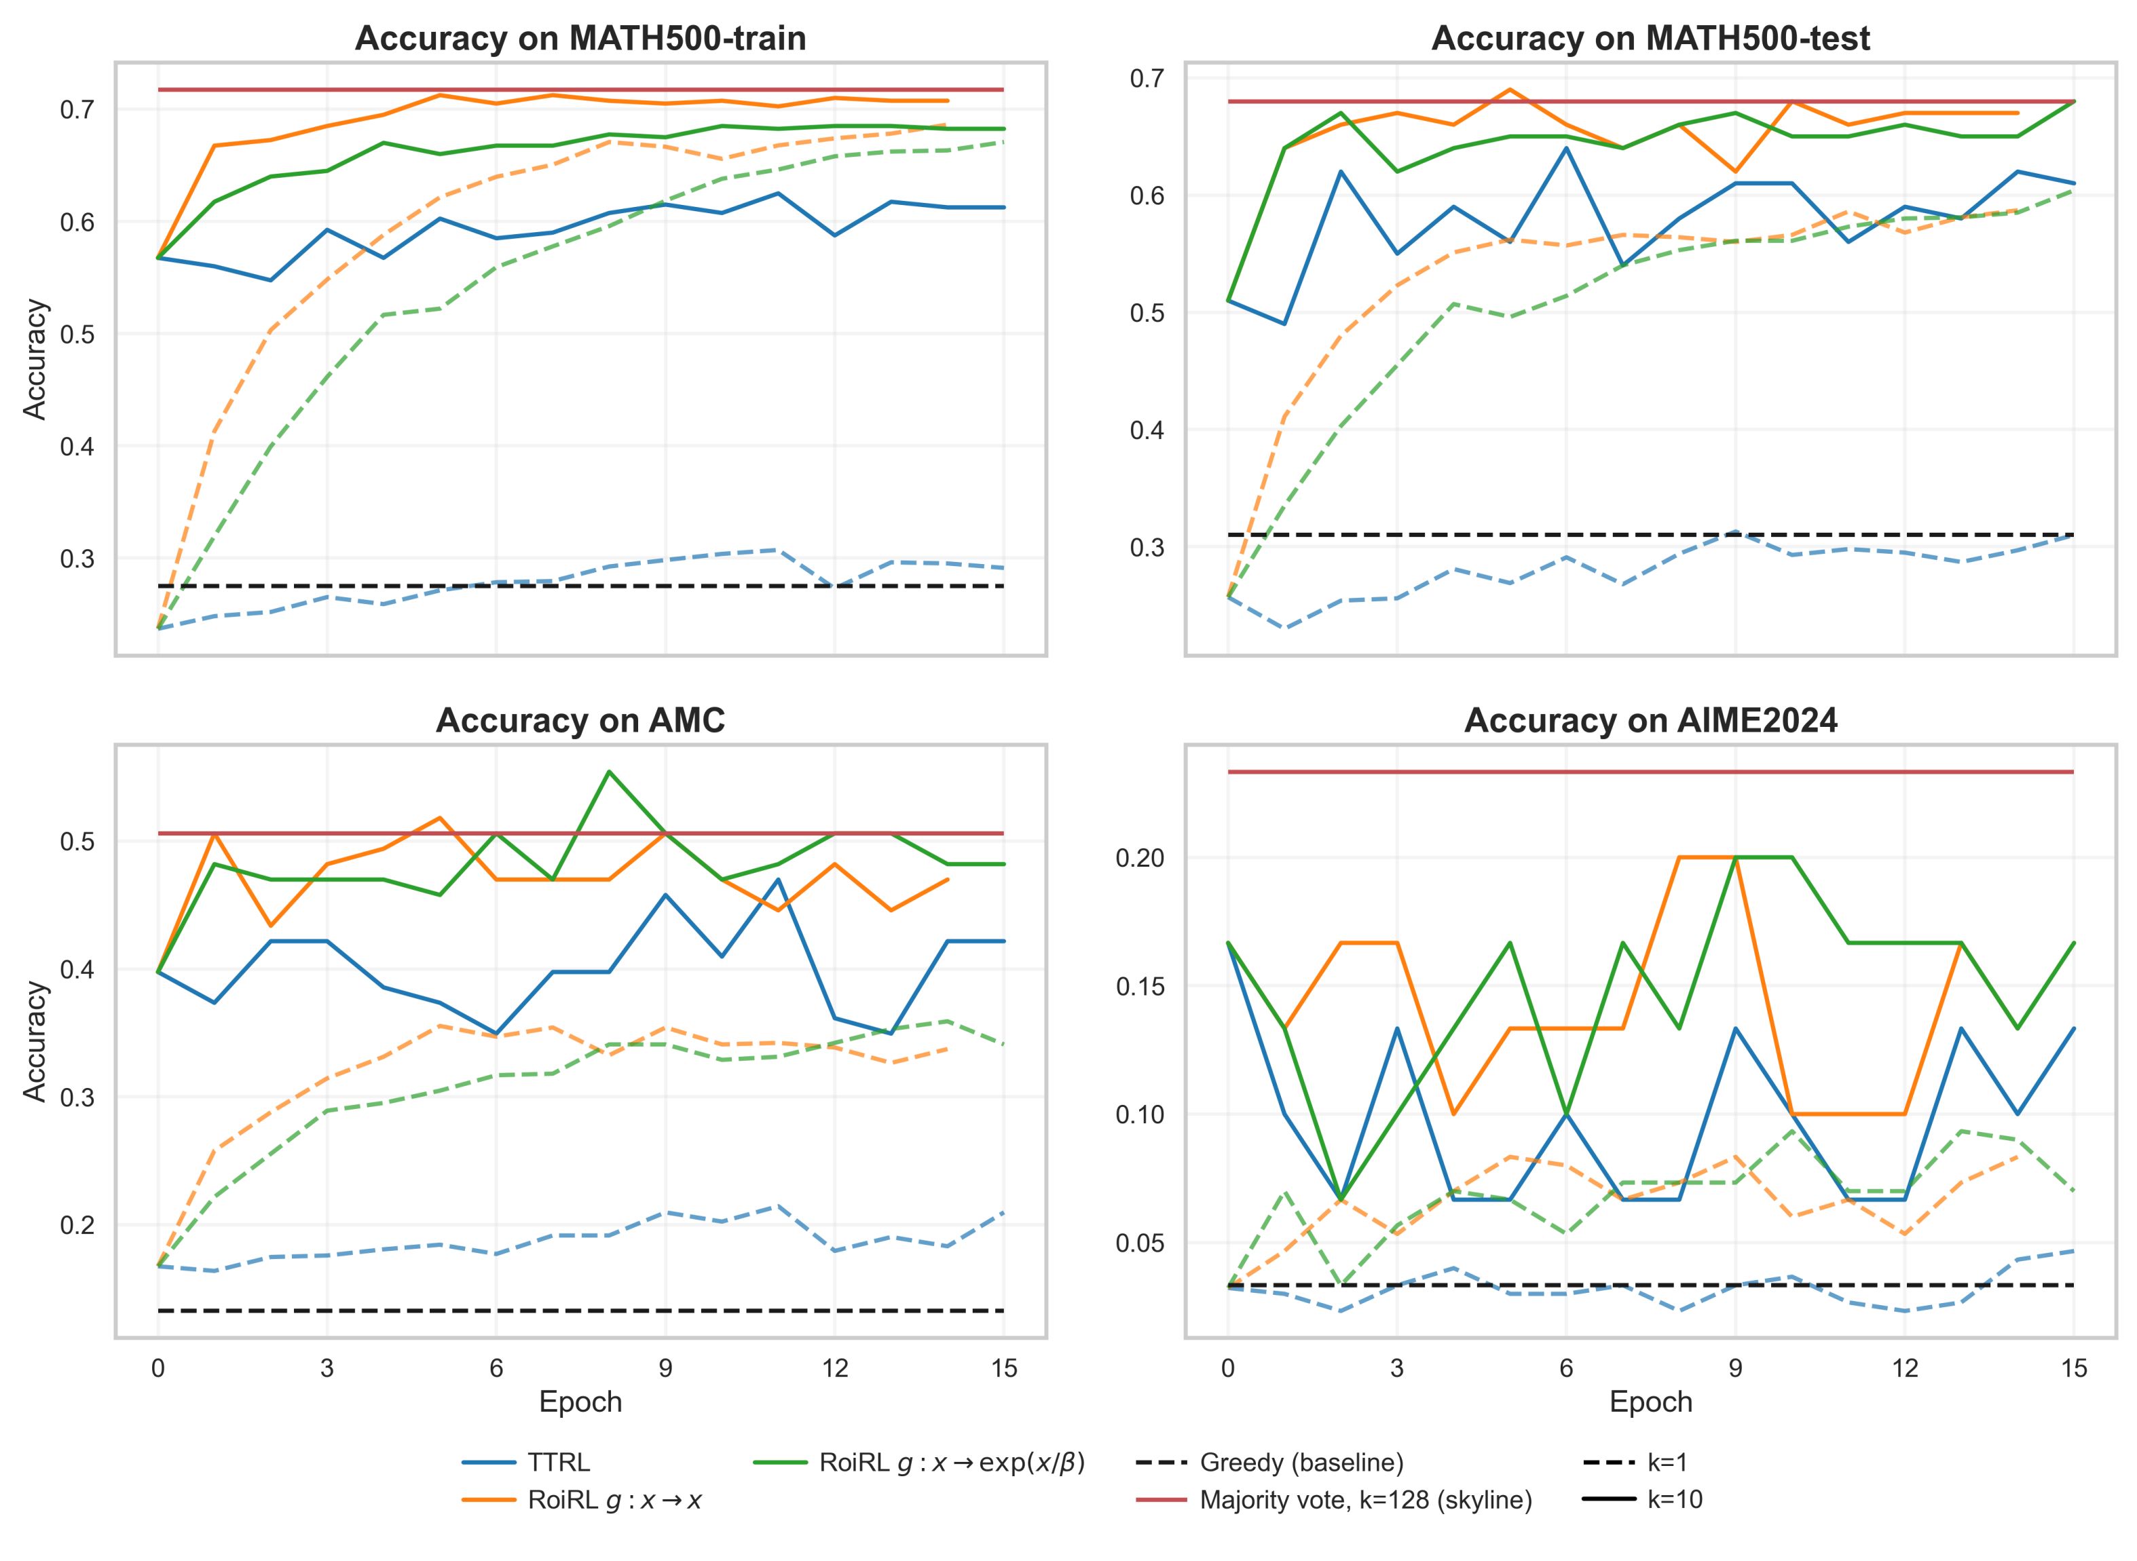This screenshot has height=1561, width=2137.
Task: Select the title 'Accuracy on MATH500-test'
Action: pyautogui.click(x=1650, y=39)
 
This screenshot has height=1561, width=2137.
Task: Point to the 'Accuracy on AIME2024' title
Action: pyautogui.click(x=1650, y=721)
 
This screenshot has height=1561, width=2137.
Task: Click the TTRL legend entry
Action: pyautogui.click(x=557, y=1463)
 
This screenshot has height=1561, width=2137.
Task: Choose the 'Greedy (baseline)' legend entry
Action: pyautogui.click(x=1301, y=1463)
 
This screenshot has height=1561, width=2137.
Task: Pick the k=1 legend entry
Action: pyautogui.click(x=1667, y=1463)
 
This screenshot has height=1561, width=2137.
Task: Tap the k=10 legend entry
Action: pyautogui.click(x=1675, y=1500)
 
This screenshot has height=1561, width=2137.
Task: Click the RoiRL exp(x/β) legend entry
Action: pyautogui.click(x=952, y=1463)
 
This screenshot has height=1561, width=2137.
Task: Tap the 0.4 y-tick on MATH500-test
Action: pyautogui.click(x=1147, y=430)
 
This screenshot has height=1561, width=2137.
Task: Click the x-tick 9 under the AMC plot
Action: pyautogui.click(x=665, y=1368)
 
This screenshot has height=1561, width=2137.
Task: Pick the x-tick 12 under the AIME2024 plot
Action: pyautogui.click(x=1904, y=1368)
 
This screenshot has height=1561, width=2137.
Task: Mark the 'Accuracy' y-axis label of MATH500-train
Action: pyautogui.click(x=35, y=359)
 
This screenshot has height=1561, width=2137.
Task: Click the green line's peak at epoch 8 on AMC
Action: pyautogui.click(x=610, y=771)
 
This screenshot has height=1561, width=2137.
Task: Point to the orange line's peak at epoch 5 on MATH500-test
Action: pyautogui.click(x=1510, y=90)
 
